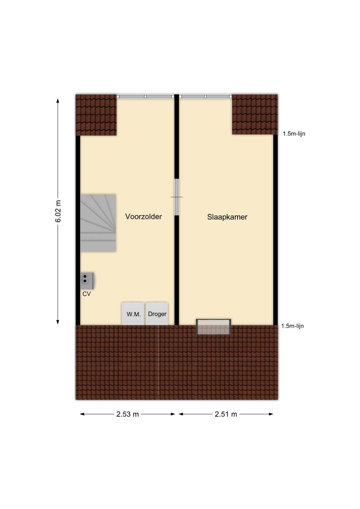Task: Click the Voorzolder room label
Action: (144, 217)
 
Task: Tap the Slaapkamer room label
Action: (227, 217)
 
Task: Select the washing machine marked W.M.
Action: (133, 314)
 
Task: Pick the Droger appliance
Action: (157, 314)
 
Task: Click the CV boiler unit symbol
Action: (87, 281)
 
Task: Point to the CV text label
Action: (87, 294)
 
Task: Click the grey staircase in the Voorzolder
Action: (98, 223)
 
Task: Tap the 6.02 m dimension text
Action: (58, 211)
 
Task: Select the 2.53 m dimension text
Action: (128, 414)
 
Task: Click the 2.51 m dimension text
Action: (226, 414)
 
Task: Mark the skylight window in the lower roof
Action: (214, 327)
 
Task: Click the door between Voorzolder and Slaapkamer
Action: (177, 197)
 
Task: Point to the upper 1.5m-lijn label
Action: (294, 134)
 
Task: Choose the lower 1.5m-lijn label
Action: (292, 326)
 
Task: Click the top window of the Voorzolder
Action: (146, 97)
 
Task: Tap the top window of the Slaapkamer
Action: (205, 97)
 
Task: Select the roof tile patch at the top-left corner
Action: (96, 115)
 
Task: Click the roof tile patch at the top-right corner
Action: (255, 114)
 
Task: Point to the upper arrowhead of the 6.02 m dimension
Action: (58, 101)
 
